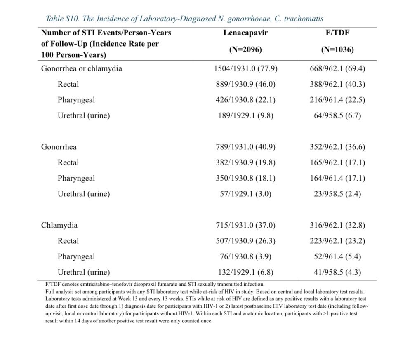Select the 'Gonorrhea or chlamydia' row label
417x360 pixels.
[82, 68]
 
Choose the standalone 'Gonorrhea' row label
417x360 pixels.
[59, 147]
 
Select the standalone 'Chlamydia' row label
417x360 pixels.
[59, 225]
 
